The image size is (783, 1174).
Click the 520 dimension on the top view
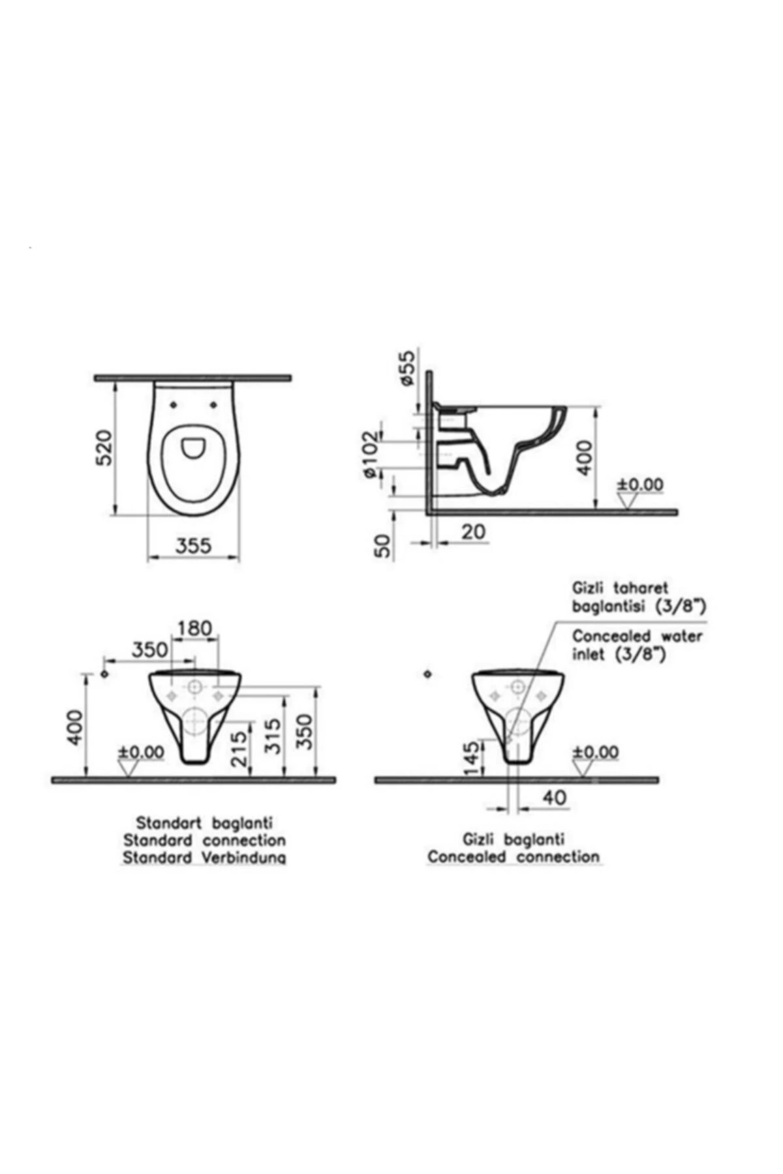pos(104,447)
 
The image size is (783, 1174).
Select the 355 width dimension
pos(194,545)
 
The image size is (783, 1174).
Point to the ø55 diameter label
pos(407,369)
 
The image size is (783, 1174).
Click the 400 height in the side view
pos(585,457)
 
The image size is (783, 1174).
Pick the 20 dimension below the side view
pos(474,532)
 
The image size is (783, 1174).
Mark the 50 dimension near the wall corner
pos(384,545)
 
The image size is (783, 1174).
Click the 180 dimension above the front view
pos(194,629)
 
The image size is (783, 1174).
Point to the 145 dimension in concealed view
pos(471,759)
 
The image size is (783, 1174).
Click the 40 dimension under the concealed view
pos(554,798)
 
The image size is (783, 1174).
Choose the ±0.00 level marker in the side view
pos(640,485)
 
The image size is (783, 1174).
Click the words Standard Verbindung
pos(204,858)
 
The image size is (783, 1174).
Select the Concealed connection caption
pos(514,857)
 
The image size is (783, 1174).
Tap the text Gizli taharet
pos(620,588)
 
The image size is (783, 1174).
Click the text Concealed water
pos(637,636)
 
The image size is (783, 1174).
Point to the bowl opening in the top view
pos(193,447)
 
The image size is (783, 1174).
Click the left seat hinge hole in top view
pos(173,404)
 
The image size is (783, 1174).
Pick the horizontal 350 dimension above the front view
pos(150,650)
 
